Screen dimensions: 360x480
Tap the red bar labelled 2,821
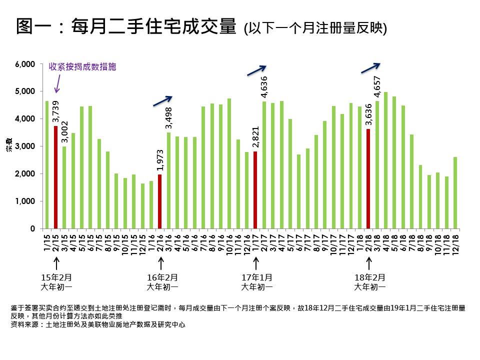point(255,189)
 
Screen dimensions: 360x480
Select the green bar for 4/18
point(385,160)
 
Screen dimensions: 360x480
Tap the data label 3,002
point(64,132)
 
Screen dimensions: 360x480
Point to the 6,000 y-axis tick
point(24,64)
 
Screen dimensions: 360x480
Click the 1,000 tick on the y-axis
point(24,201)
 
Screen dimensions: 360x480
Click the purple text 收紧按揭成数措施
point(82,67)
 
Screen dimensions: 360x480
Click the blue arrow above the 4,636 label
point(257,70)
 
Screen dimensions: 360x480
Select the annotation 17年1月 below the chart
point(256,277)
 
